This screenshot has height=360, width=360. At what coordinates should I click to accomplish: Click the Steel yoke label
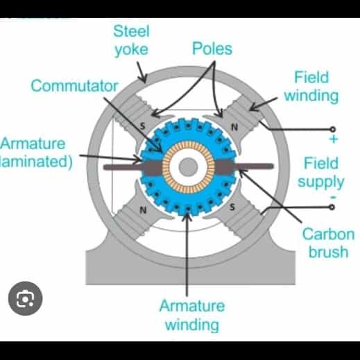(131, 41)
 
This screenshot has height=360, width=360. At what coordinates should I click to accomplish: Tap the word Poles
(212, 49)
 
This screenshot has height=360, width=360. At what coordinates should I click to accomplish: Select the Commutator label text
(74, 86)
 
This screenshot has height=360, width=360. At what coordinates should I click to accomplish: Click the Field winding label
(311, 87)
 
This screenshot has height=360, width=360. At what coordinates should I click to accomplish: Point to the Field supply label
(321, 173)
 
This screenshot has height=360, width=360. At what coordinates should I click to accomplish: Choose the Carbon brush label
(328, 243)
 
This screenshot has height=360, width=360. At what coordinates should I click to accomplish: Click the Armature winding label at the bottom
(192, 316)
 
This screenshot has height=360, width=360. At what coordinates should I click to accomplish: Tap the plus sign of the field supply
(334, 139)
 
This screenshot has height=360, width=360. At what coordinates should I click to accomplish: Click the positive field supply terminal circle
(332, 129)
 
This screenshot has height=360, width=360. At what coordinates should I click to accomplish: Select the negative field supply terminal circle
(332, 207)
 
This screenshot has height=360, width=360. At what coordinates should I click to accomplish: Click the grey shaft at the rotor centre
(188, 166)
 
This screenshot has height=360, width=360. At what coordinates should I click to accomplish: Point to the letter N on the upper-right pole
(234, 127)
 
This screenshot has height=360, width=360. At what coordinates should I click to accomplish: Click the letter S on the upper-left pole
(143, 126)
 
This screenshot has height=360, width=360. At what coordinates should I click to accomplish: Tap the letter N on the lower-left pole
(143, 210)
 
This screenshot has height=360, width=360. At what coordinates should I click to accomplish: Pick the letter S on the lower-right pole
(232, 207)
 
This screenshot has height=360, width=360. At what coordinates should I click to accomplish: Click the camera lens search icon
(26, 298)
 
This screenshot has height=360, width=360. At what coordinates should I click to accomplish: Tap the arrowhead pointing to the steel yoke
(144, 78)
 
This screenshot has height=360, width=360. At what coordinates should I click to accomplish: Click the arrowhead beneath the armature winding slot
(187, 217)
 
